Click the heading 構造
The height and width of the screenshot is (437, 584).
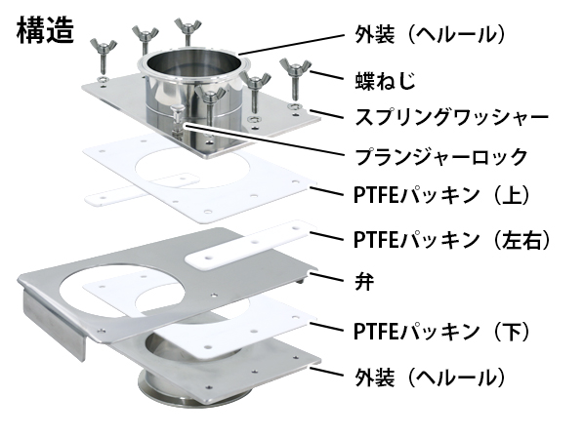pos(45,30)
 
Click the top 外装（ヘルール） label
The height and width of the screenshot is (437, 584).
pos(430,34)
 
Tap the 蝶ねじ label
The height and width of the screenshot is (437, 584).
pos(385,80)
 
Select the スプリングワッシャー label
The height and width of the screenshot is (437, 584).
pos(451,117)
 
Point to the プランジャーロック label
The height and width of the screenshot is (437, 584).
pos(440,156)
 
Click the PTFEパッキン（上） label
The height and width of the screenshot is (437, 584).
pos(441,195)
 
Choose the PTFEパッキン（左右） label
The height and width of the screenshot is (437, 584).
pos(451,239)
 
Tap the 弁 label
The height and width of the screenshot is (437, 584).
pos(364,282)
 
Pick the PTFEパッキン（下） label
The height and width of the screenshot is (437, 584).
pos(441,331)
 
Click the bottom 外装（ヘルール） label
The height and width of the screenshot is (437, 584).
pos(430,377)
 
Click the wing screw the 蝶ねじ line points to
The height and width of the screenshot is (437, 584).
pos(295,79)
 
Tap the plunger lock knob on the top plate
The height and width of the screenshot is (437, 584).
pos(177,111)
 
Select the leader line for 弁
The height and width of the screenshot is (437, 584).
pos(325,277)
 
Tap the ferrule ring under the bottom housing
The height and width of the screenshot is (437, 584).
pos(175,390)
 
